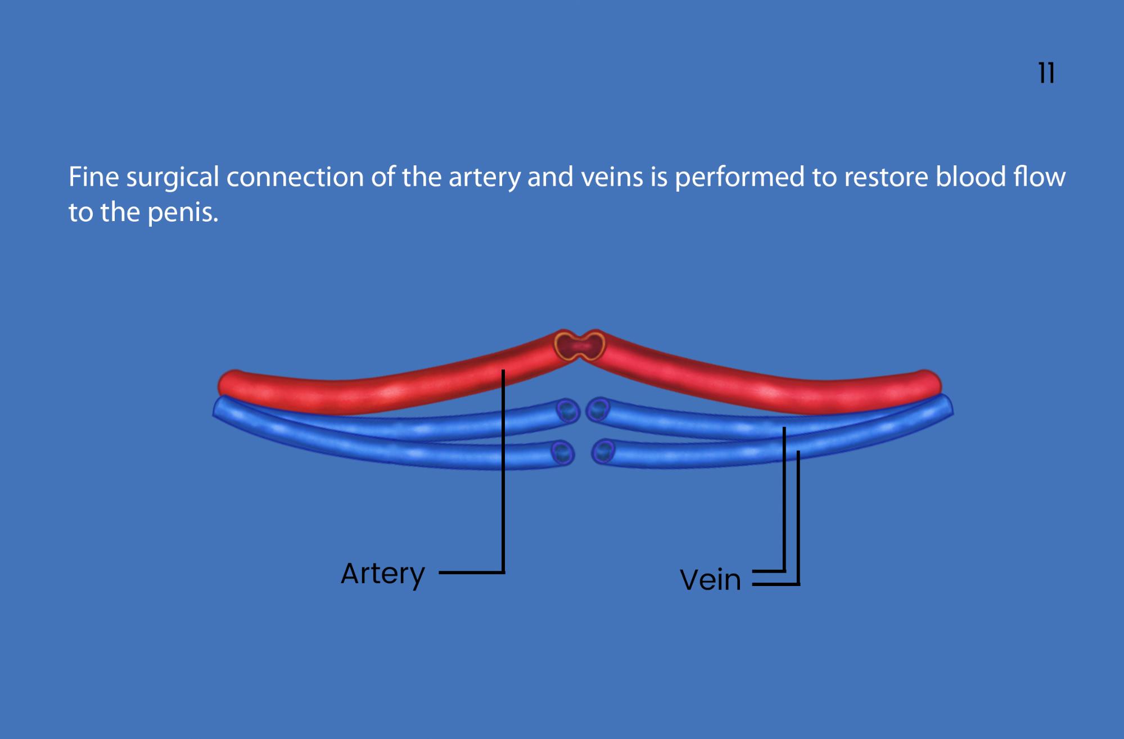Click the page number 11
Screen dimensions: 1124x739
click(1046, 73)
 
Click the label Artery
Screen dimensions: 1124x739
click(383, 574)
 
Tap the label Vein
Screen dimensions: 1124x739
click(710, 580)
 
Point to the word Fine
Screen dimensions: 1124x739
click(94, 177)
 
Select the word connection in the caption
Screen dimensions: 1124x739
click(295, 178)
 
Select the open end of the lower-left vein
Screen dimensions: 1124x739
click(562, 453)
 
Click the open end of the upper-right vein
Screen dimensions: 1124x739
click(598, 409)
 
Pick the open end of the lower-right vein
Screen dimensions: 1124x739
click(603, 451)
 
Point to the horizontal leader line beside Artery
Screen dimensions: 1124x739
click(472, 573)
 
